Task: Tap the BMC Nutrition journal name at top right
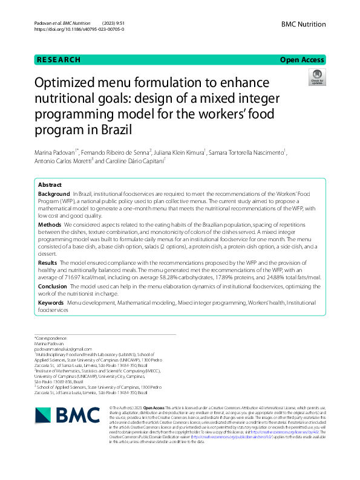pyautogui.click(x=303, y=23)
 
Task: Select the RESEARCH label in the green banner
pyautogui.click(x=59, y=60)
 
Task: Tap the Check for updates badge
pyautogui.click(x=316, y=77)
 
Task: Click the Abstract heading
pyautogui.click(x=50, y=184)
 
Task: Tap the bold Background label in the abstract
pyautogui.click(x=54, y=194)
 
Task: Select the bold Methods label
pyautogui.click(x=49, y=224)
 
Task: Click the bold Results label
pyautogui.click(x=48, y=263)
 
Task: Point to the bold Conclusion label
pyautogui.click(x=53, y=286)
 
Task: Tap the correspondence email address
pyautogui.click(x=59, y=349)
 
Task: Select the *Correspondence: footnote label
pyautogui.click(x=51, y=338)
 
